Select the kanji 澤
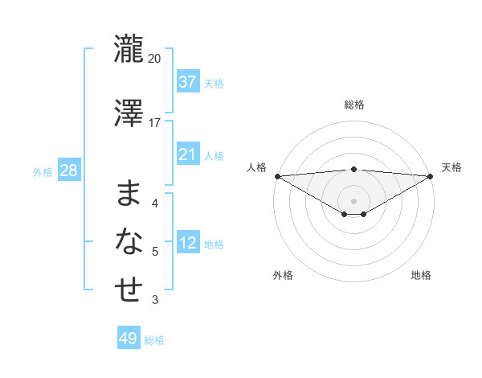coord(129,113)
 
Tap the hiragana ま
coord(129,193)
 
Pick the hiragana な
coord(129,240)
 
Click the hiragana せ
coord(129,290)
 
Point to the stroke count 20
coord(155,58)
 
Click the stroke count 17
coord(155,122)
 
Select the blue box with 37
coord(188,82)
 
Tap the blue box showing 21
coord(188,154)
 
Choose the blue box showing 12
coord(188,243)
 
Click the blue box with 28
coord(68,171)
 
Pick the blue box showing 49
coord(129,339)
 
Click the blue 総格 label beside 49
coord(155,340)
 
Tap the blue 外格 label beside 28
coord(43,172)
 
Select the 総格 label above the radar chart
coord(354,105)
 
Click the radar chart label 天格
coord(452,167)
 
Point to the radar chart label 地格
coord(421,275)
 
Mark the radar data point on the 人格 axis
coord(277,175)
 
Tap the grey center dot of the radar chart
coord(354,200)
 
